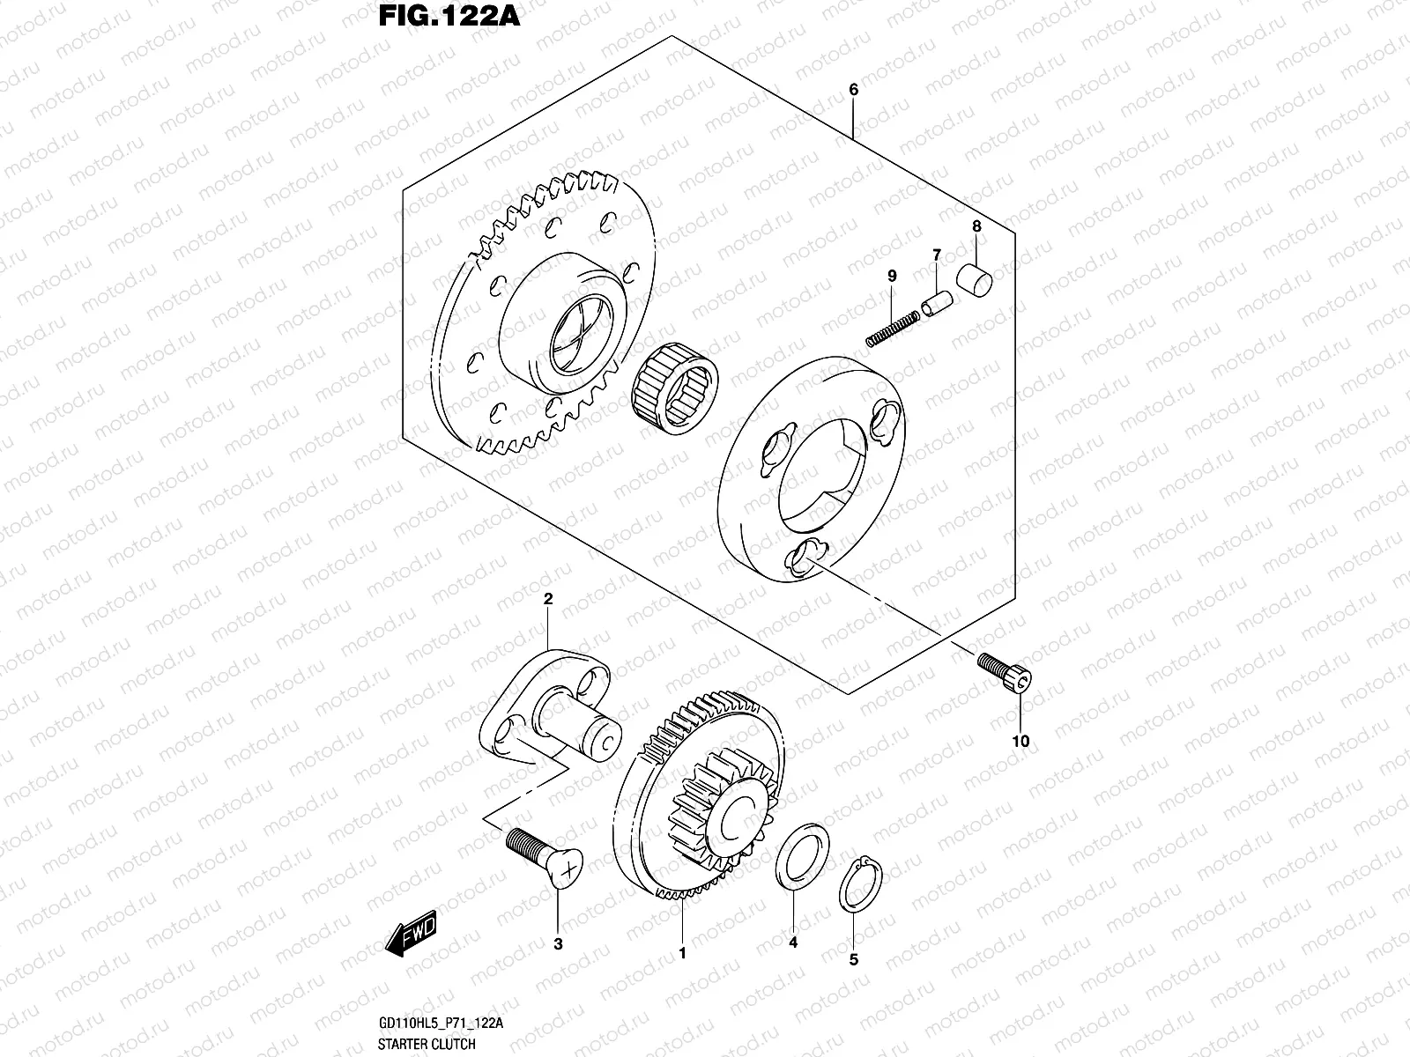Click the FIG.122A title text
(449, 17)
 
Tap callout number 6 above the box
(853, 90)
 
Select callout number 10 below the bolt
(1020, 741)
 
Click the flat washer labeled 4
(802, 852)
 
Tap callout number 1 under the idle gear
(681, 952)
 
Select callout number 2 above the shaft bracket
(547, 599)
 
